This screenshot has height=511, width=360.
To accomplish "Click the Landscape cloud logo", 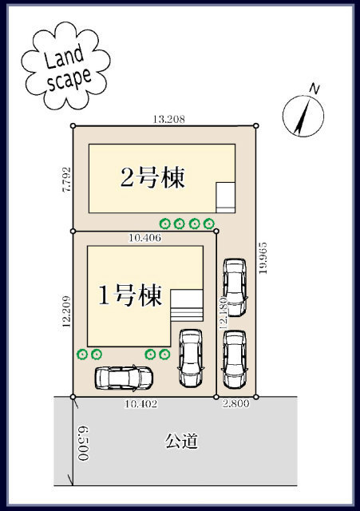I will click(x=65, y=66).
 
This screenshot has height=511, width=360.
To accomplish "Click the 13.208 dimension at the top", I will click(x=169, y=119).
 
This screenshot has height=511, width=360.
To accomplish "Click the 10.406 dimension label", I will click(x=145, y=237).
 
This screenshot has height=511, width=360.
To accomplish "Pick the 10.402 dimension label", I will click(x=141, y=405).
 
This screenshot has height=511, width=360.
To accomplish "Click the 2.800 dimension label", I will click(x=237, y=405).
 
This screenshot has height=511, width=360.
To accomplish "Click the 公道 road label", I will click(x=181, y=441).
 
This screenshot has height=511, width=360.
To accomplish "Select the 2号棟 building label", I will click(x=152, y=177).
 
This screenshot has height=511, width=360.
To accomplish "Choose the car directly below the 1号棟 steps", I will click(x=191, y=358).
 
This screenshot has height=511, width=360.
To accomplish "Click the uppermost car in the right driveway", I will click(x=235, y=286).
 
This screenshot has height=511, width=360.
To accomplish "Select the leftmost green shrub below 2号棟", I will click(x=166, y=224).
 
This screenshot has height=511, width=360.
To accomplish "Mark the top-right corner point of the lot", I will click(x=256, y=125).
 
